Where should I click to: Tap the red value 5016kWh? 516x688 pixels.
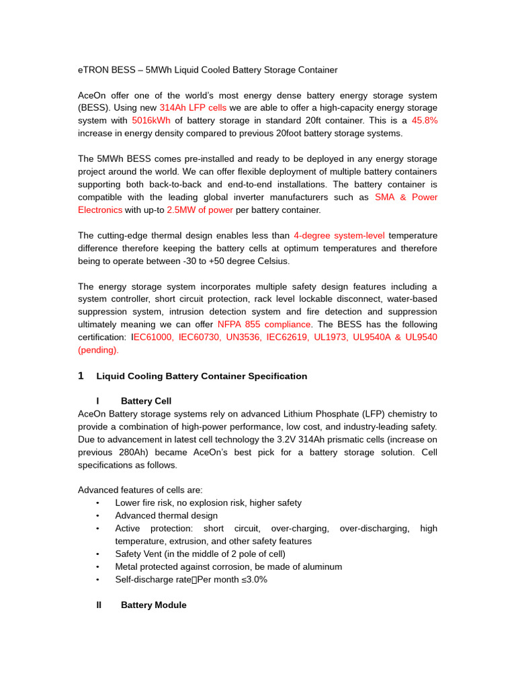[151, 120]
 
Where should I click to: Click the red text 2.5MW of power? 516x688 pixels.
[200, 210]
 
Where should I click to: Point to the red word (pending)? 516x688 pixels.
[98, 349]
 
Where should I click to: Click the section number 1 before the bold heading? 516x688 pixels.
[81, 376]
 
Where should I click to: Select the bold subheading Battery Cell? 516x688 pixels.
[146, 401]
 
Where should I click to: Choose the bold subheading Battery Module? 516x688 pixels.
[153, 605]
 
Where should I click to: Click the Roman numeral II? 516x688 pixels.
[99, 605]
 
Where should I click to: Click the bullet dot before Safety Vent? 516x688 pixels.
[97, 554]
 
